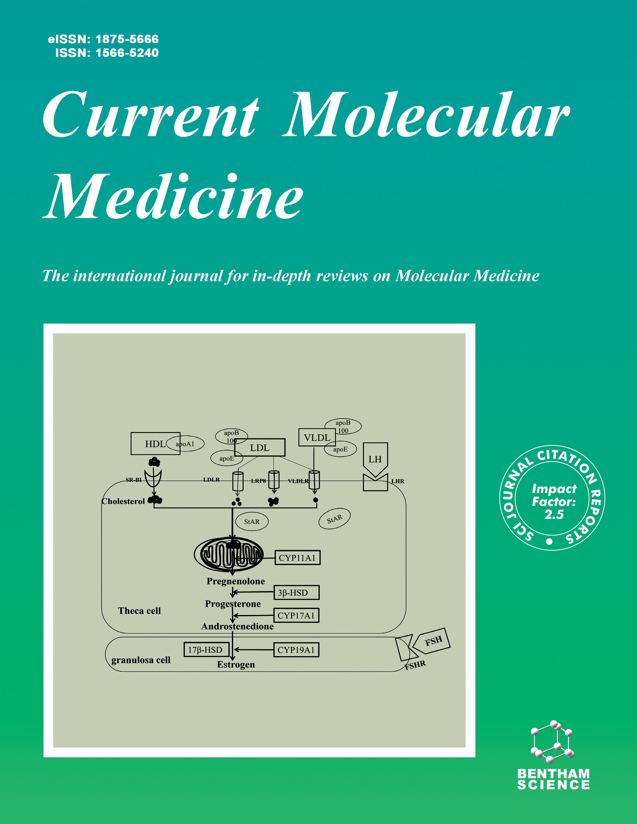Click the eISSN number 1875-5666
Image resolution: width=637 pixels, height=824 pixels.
(x=127, y=39)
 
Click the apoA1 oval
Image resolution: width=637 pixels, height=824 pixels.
(x=186, y=444)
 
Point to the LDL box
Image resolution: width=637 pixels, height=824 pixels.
(x=260, y=448)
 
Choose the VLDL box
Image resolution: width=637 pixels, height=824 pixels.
(x=317, y=438)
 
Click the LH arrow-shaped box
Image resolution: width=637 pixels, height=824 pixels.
(x=375, y=459)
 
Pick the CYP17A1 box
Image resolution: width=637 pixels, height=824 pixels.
(x=296, y=615)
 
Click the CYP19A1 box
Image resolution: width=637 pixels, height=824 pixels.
(x=296, y=650)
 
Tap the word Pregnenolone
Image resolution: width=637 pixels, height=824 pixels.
(x=236, y=581)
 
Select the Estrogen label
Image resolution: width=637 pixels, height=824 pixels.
(x=236, y=664)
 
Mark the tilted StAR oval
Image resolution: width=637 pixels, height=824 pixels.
(x=334, y=519)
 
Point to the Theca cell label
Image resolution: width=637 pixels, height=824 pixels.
(x=139, y=611)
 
